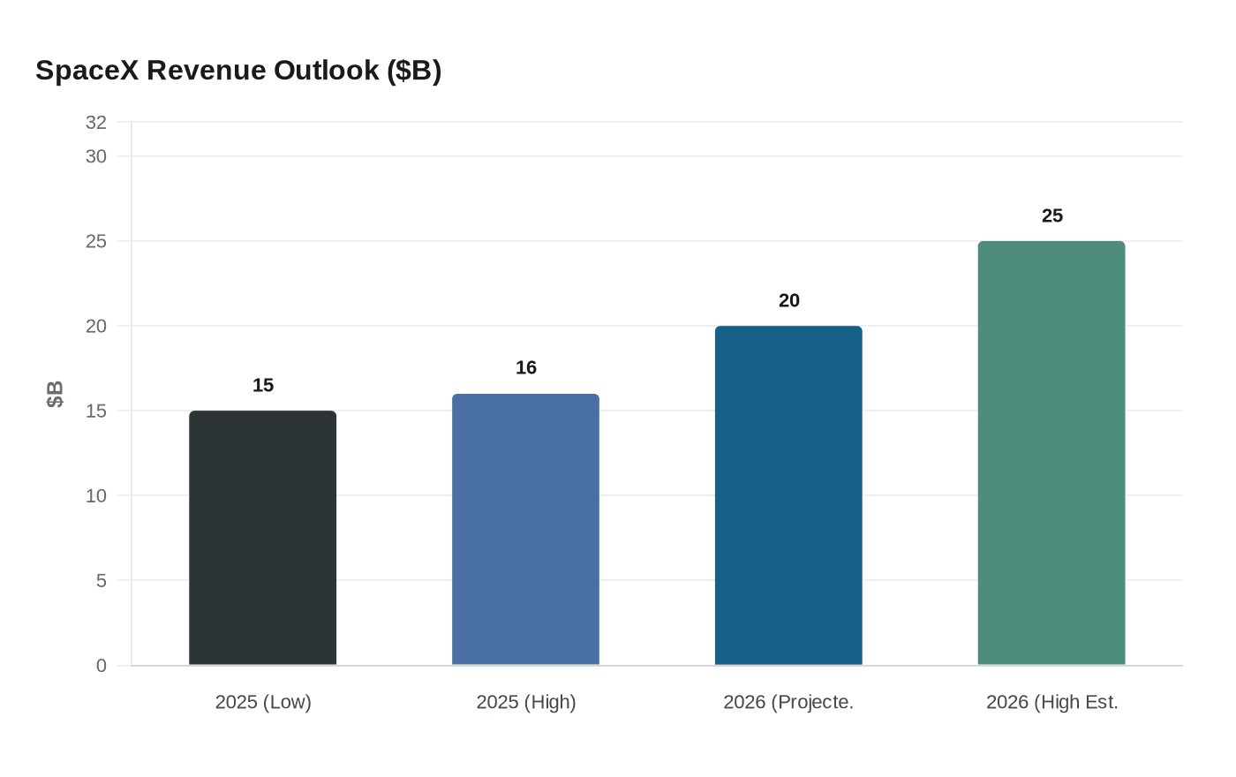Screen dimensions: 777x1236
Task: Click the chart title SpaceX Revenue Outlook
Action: click(238, 70)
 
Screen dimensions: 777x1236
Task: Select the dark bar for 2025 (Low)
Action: click(262, 538)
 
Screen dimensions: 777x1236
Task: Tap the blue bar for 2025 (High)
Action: click(525, 530)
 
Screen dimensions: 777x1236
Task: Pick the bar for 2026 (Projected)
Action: click(788, 495)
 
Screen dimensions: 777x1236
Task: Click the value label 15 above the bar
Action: click(263, 385)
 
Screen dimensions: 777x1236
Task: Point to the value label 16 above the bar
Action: click(526, 367)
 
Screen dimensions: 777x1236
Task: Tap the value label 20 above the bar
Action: click(789, 300)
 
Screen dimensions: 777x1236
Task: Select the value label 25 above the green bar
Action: click(1052, 215)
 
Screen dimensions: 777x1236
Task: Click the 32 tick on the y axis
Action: click(96, 123)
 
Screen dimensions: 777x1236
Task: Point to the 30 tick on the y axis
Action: click(96, 156)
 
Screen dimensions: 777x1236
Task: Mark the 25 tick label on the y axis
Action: click(96, 241)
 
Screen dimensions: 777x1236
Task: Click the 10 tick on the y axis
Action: click(96, 495)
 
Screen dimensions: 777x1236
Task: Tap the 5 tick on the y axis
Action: click(102, 580)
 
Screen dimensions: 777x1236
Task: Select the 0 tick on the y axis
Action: click(102, 666)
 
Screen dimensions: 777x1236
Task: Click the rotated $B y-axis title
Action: click(55, 394)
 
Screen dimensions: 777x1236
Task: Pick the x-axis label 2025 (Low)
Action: click(263, 702)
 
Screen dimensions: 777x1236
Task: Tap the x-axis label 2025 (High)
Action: click(526, 702)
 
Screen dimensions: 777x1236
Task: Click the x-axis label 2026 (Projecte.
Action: click(788, 702)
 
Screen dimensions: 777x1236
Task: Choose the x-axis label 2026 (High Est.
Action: click(1052, 702)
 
